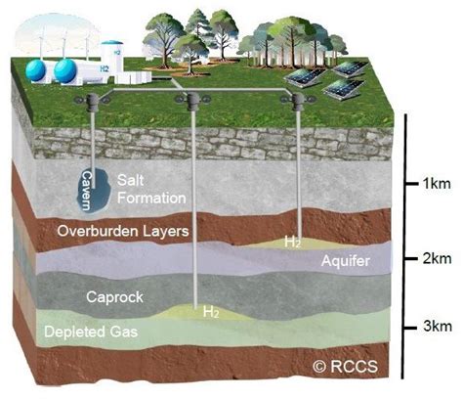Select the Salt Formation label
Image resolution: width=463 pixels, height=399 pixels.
pos(150,190)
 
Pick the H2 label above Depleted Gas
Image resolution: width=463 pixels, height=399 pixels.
pos(210,313)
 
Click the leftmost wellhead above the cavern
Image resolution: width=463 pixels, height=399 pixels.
pos(94,101)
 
